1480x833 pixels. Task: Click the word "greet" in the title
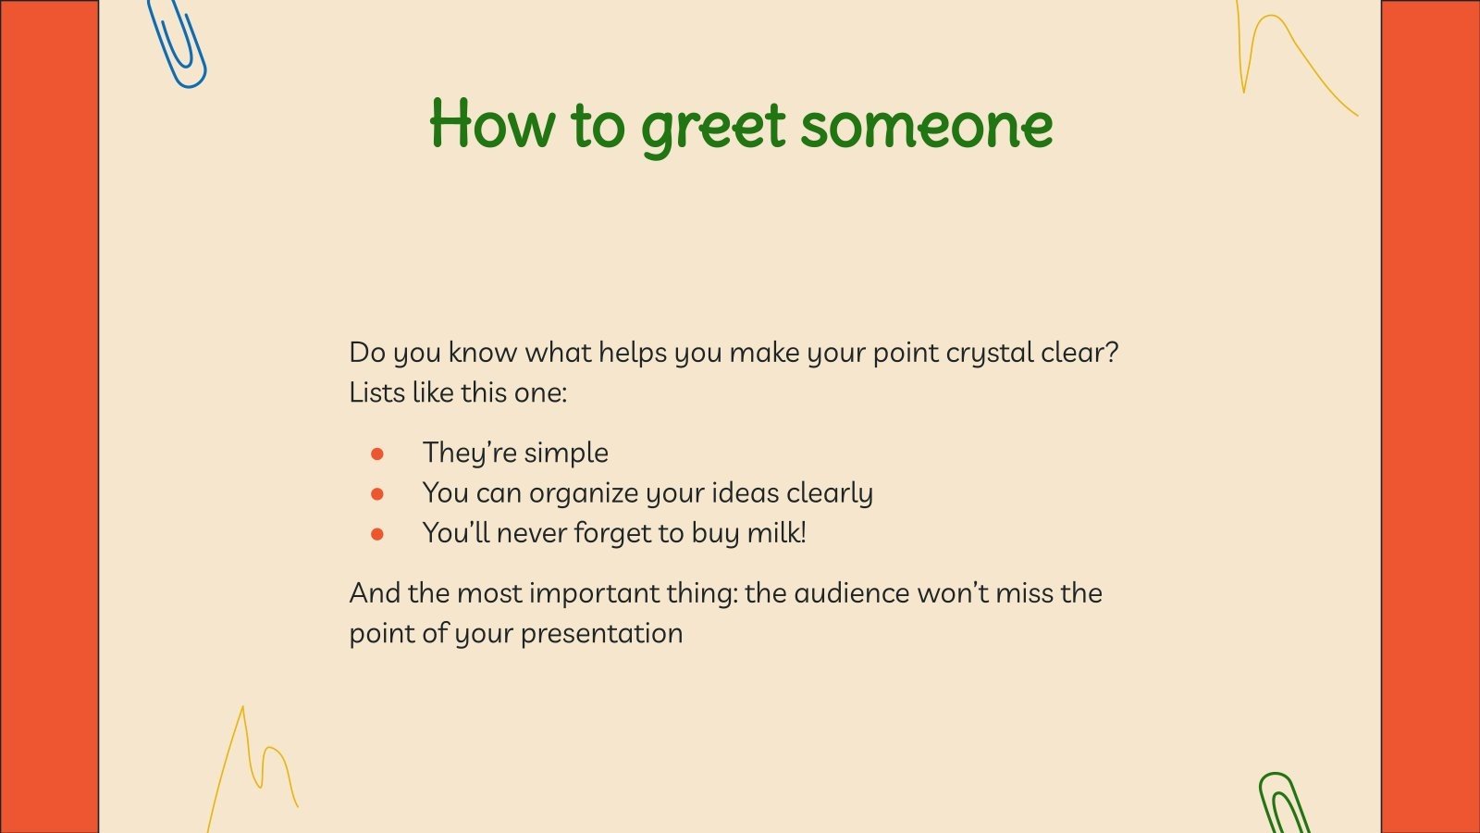(x=712, y=126)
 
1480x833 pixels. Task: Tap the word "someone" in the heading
(x=926, y=126)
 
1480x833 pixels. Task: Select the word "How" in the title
(x=491, y=124)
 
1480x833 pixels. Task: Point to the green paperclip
(x=1284, y=803)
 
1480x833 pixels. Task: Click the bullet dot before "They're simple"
(x=377, y=454)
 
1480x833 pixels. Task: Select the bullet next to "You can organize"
(x=377, y=494)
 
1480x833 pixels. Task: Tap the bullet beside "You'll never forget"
(x=377, y=534)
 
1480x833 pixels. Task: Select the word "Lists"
(x=376, y=392)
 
